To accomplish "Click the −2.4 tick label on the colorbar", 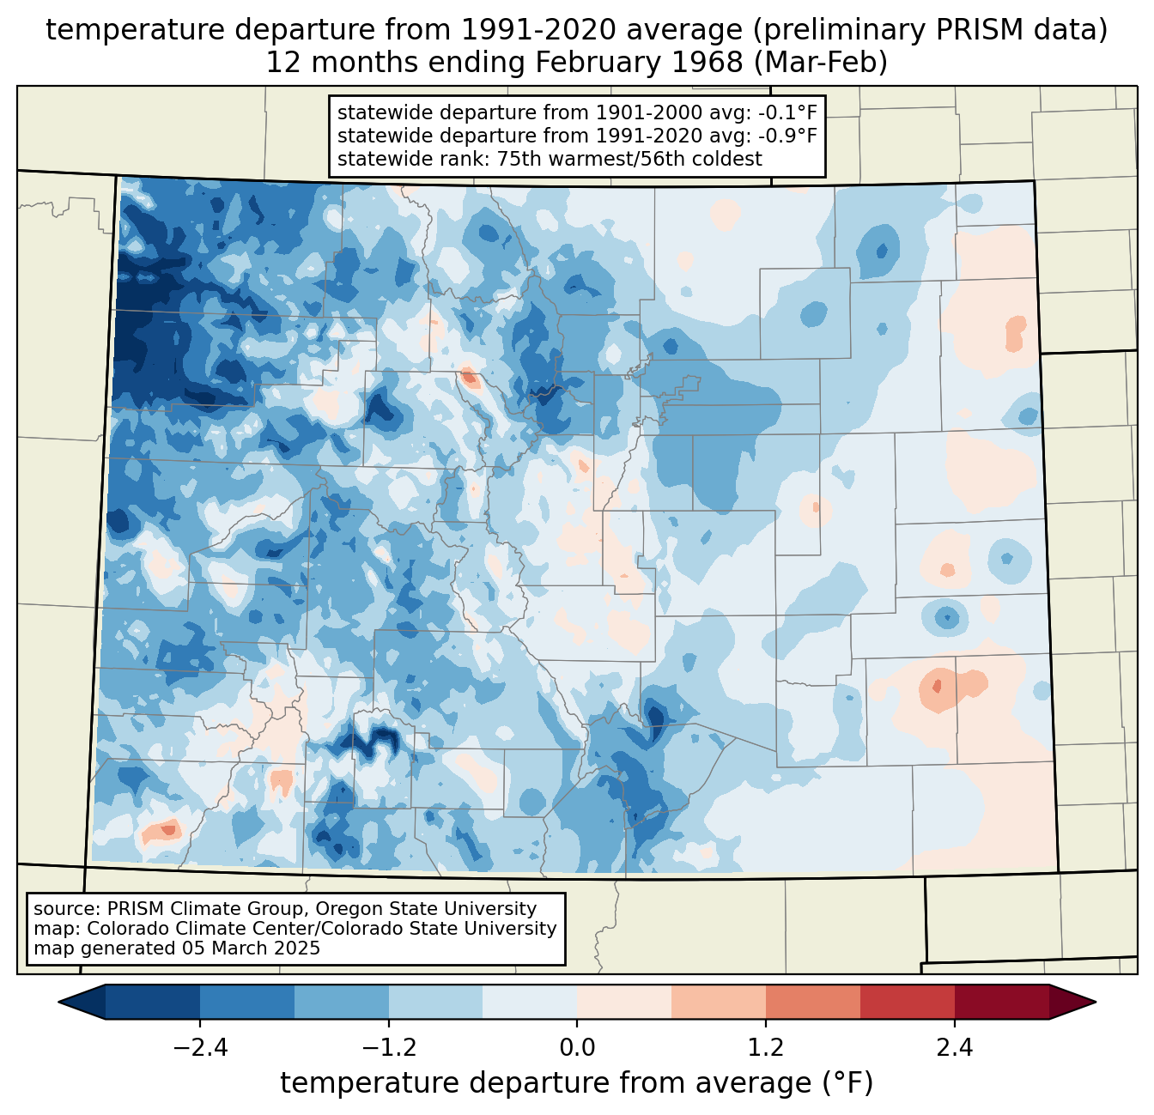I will (200, 1048).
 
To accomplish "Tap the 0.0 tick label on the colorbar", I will (577, 1048).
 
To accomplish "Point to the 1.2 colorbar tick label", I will (766, 1048).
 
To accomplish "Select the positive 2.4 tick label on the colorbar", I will (954, 1048).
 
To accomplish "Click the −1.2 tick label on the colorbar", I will (389, 1048).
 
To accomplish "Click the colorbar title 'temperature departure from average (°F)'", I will (577, 1083).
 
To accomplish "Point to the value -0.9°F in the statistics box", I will (787, 136).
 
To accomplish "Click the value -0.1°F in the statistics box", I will (787, 113).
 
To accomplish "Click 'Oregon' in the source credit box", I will (392, 909).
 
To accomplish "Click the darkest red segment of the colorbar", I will (1001, 1002).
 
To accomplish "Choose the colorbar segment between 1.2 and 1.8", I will (813, 1002).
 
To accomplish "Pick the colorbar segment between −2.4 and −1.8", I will (247, 1002).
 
